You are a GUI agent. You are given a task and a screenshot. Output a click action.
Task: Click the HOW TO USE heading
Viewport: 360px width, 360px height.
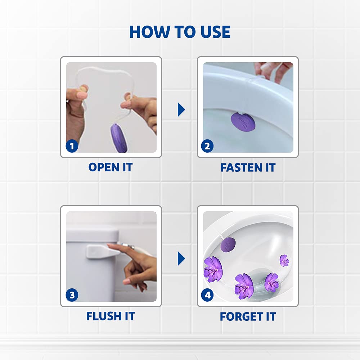(180, 32)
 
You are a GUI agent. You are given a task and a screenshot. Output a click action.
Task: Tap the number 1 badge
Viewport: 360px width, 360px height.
(72, 146)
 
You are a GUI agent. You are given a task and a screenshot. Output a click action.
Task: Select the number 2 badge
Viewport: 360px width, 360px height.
(207, 146)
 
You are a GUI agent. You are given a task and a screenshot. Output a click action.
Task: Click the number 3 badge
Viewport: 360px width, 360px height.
(72, 296)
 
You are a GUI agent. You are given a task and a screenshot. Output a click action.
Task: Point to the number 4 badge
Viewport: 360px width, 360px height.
(207, 296)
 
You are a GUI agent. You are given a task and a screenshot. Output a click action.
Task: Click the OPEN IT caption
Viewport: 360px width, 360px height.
(111, 167)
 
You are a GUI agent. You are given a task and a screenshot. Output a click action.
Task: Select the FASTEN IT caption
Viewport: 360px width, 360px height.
(248, 167)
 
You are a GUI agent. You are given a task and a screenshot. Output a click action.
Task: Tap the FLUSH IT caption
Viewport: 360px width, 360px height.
(111, 316)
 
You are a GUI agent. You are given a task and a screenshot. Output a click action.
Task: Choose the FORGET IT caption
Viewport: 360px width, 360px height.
(248, 317)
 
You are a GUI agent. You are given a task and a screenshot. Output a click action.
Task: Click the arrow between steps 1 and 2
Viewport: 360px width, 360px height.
(181, 109)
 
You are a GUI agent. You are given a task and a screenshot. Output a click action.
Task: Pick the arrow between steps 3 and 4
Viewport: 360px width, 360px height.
(181, 258)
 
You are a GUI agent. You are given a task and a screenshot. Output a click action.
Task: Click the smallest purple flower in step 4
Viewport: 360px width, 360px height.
(284, 260)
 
